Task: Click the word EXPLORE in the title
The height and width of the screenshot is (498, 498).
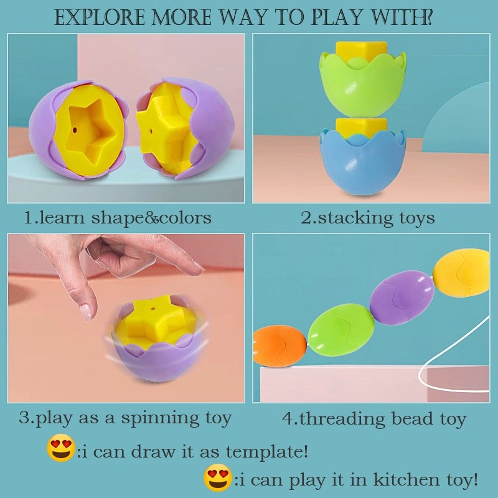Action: (x=100, y=17)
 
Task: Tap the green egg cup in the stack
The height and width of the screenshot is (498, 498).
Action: (x=362, y=85)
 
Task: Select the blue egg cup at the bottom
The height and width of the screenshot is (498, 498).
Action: (x=363, y=162)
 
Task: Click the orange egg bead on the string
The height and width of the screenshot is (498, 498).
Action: (x=280, y=346)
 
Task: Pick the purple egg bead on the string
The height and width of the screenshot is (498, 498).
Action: (x=402, y=298)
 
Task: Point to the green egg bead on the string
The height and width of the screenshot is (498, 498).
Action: (x=341, y=330)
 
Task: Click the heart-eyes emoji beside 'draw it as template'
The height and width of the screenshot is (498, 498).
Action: (x=60, y=448)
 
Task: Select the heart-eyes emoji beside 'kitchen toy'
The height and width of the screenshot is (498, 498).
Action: (x=217, y=477)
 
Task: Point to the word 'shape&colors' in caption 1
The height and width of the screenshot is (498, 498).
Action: (x=151, y=218)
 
